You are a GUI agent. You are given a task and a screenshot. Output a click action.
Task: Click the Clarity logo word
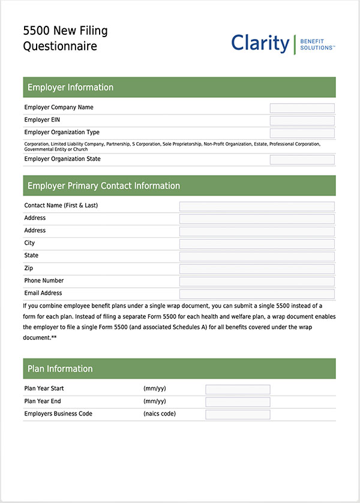(260, 43)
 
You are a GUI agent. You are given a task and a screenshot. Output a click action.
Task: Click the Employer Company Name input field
(302, 108)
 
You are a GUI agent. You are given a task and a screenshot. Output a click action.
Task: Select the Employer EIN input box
(302, 121)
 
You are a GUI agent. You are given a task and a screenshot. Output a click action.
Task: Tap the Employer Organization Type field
(302, 133)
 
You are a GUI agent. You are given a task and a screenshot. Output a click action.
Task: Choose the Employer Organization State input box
(302, 159)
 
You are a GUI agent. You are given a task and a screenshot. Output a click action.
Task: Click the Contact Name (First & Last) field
(257, 206)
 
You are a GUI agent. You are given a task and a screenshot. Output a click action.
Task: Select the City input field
(257, 244)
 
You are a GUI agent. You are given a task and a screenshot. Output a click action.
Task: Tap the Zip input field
(257, 269)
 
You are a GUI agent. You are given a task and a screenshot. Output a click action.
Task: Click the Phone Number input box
(257, 281)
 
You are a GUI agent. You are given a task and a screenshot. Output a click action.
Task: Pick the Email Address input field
(257, 294)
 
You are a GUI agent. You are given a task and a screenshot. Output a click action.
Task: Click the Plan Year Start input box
(238, 389)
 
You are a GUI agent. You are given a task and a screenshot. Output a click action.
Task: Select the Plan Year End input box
(238, 402)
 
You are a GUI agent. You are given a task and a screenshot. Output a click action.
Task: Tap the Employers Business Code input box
(238, 414)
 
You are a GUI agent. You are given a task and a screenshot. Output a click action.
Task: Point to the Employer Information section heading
(70, 88)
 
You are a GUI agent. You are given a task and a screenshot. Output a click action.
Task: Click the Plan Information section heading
(60, 369)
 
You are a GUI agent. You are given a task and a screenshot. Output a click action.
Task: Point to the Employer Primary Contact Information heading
(103, 186)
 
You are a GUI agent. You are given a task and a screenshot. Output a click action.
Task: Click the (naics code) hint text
(160, 414)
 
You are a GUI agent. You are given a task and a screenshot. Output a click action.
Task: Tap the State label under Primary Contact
(31, 255)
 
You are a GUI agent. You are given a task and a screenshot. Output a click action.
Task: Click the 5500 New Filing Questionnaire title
(65, 38)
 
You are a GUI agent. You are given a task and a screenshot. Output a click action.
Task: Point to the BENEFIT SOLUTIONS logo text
(316, 43)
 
